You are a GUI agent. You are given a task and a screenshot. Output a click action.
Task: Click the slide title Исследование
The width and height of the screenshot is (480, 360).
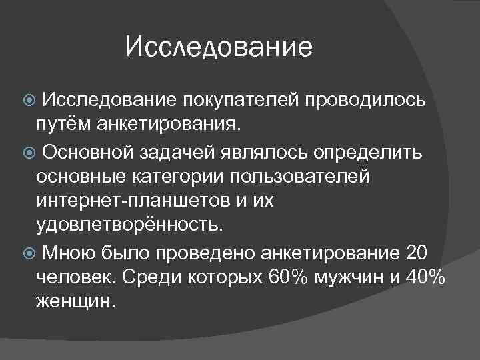point(219,47)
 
